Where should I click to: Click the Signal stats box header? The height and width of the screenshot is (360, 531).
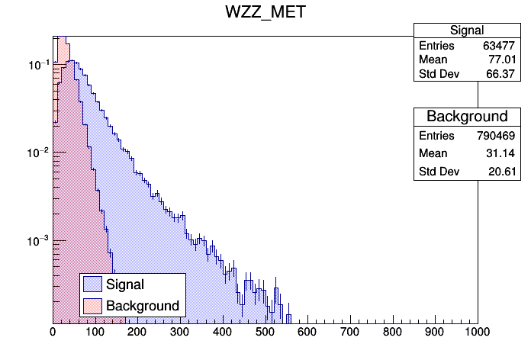(x=466, y=31)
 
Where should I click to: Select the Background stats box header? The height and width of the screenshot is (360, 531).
(x=466, y=117)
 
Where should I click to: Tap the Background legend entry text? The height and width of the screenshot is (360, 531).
(x=143, y=306)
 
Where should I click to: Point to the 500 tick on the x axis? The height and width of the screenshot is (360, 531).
(x=265, y=333)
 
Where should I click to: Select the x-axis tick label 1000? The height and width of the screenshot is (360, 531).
(x=477, y=333)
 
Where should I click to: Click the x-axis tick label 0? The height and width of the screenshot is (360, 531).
(x=53, y=333)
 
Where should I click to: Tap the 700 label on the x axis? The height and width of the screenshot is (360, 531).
(x=349, y=333)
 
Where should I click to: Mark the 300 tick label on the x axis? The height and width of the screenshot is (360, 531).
(x=180, y=333)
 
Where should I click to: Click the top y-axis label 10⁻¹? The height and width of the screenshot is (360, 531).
(x=38, y=66)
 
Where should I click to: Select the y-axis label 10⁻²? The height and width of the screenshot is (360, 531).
(x=38, y=153)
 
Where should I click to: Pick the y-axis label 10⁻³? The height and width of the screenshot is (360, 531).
(x=38, y=241)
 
